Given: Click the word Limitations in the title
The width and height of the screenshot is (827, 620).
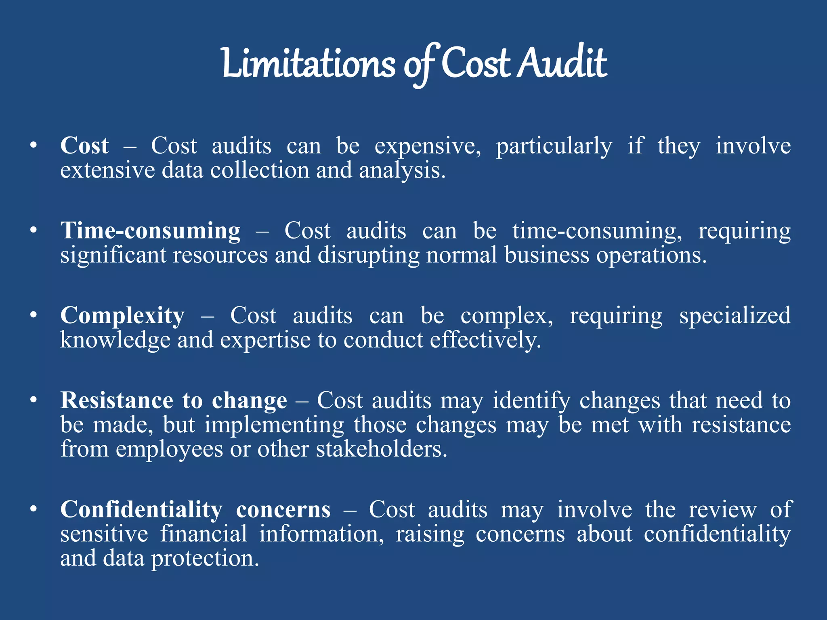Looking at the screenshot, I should [309, 64].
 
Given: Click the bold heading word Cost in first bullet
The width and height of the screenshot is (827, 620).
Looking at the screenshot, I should [84, 146].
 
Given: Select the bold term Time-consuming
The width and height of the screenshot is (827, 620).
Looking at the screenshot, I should [150, 231].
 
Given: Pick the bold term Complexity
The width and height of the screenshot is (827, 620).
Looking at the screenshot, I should [122, 316].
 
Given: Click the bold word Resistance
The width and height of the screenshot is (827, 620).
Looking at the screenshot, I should [117, 400].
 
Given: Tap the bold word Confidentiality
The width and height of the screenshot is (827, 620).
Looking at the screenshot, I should [141, 509].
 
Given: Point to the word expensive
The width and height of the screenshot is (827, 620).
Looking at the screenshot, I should [427, 146].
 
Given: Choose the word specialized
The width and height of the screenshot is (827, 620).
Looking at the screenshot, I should [735, 316].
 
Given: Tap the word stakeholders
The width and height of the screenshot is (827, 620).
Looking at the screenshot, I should [381, 449].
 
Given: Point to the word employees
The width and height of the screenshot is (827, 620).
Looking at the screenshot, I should [169, 449].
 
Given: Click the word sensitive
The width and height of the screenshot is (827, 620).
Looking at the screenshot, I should [104, 534].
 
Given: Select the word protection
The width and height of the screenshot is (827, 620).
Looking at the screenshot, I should [204, 558].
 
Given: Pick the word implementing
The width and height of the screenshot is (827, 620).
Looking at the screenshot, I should [274, 425].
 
